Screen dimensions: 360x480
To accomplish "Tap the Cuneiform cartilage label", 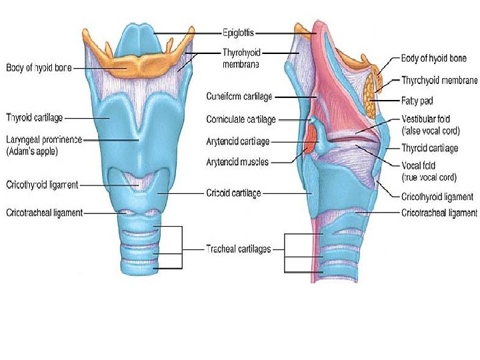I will click(239, 97).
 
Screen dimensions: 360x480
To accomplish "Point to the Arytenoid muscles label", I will click(238, 161).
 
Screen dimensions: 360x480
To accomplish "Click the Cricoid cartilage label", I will click(233, 193).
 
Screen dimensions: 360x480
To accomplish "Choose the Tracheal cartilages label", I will click(238, 249).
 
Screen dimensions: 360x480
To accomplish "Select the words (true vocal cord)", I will click(429, 177).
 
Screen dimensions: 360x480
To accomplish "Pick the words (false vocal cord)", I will click(431, 131).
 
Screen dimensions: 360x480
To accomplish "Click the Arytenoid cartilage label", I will click(238, 141).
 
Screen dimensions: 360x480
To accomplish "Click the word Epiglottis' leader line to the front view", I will click(187, 32).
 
